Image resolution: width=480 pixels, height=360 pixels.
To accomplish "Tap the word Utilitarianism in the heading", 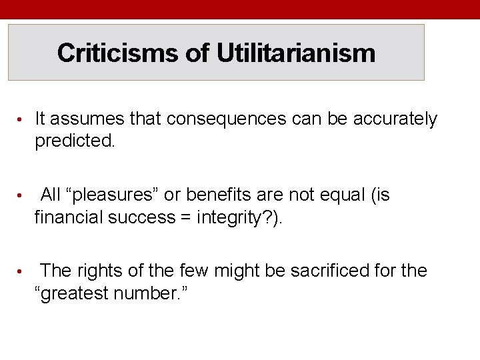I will tap(295, 53).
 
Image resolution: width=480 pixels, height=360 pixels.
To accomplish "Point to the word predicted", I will tap(75, 141).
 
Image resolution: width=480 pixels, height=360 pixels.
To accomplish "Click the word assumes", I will tap(90, 119).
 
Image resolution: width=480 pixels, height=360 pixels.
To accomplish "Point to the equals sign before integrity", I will tap(187, 217).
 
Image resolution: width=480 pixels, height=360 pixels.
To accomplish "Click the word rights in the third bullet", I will tap(100, 271).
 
